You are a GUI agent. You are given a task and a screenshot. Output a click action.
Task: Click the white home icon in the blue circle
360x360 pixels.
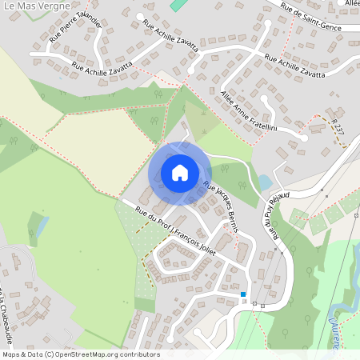180,173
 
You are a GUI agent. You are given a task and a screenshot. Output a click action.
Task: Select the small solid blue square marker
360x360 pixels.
243,294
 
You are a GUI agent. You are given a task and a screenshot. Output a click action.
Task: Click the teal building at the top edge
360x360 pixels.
177,4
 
